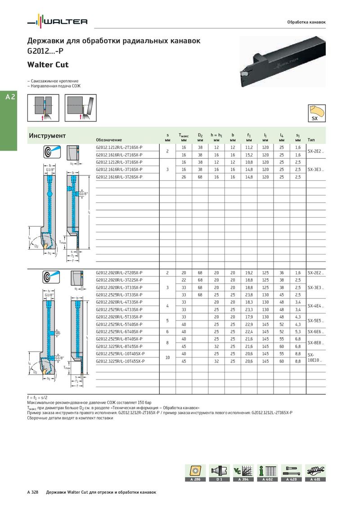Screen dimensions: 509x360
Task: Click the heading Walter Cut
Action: pyautogui.click(x=48, y=65)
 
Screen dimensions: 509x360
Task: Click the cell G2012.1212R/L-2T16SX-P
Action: pyautogui.click(x=119, y=147)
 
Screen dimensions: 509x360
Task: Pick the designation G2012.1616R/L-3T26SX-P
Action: pyautogui.click(x=119, y=177)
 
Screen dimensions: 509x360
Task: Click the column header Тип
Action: pyautogui.click(x=311, y=140)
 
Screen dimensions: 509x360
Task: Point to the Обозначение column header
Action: pyautogui.click(x=109, y=140)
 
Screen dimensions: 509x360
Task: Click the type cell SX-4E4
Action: pyautogui.click(x=315, y=306)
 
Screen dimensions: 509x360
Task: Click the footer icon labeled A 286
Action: pyautogui.click(x=195, y=473)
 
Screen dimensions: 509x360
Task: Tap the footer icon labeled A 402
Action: pyautogui.click(x=267, y=473)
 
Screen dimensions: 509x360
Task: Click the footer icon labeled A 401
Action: pyautogui.click(x=315, y=473)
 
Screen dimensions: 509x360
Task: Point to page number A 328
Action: pyautogui.click(x=32, y=492)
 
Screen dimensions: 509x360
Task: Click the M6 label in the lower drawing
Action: pyautogui.click(x=58, y=333)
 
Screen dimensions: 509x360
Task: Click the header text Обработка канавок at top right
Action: pyautogui.click(x=306, y=22)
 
